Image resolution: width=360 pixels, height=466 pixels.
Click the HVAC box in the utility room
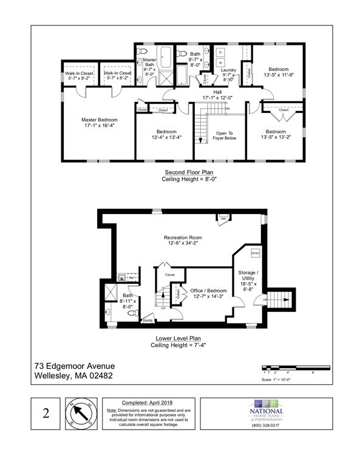point(254,253)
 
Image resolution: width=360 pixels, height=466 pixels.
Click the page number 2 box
point(46,414)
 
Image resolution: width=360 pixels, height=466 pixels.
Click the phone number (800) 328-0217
point(267,425)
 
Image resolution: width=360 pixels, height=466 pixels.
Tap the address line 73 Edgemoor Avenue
point(74,366)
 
